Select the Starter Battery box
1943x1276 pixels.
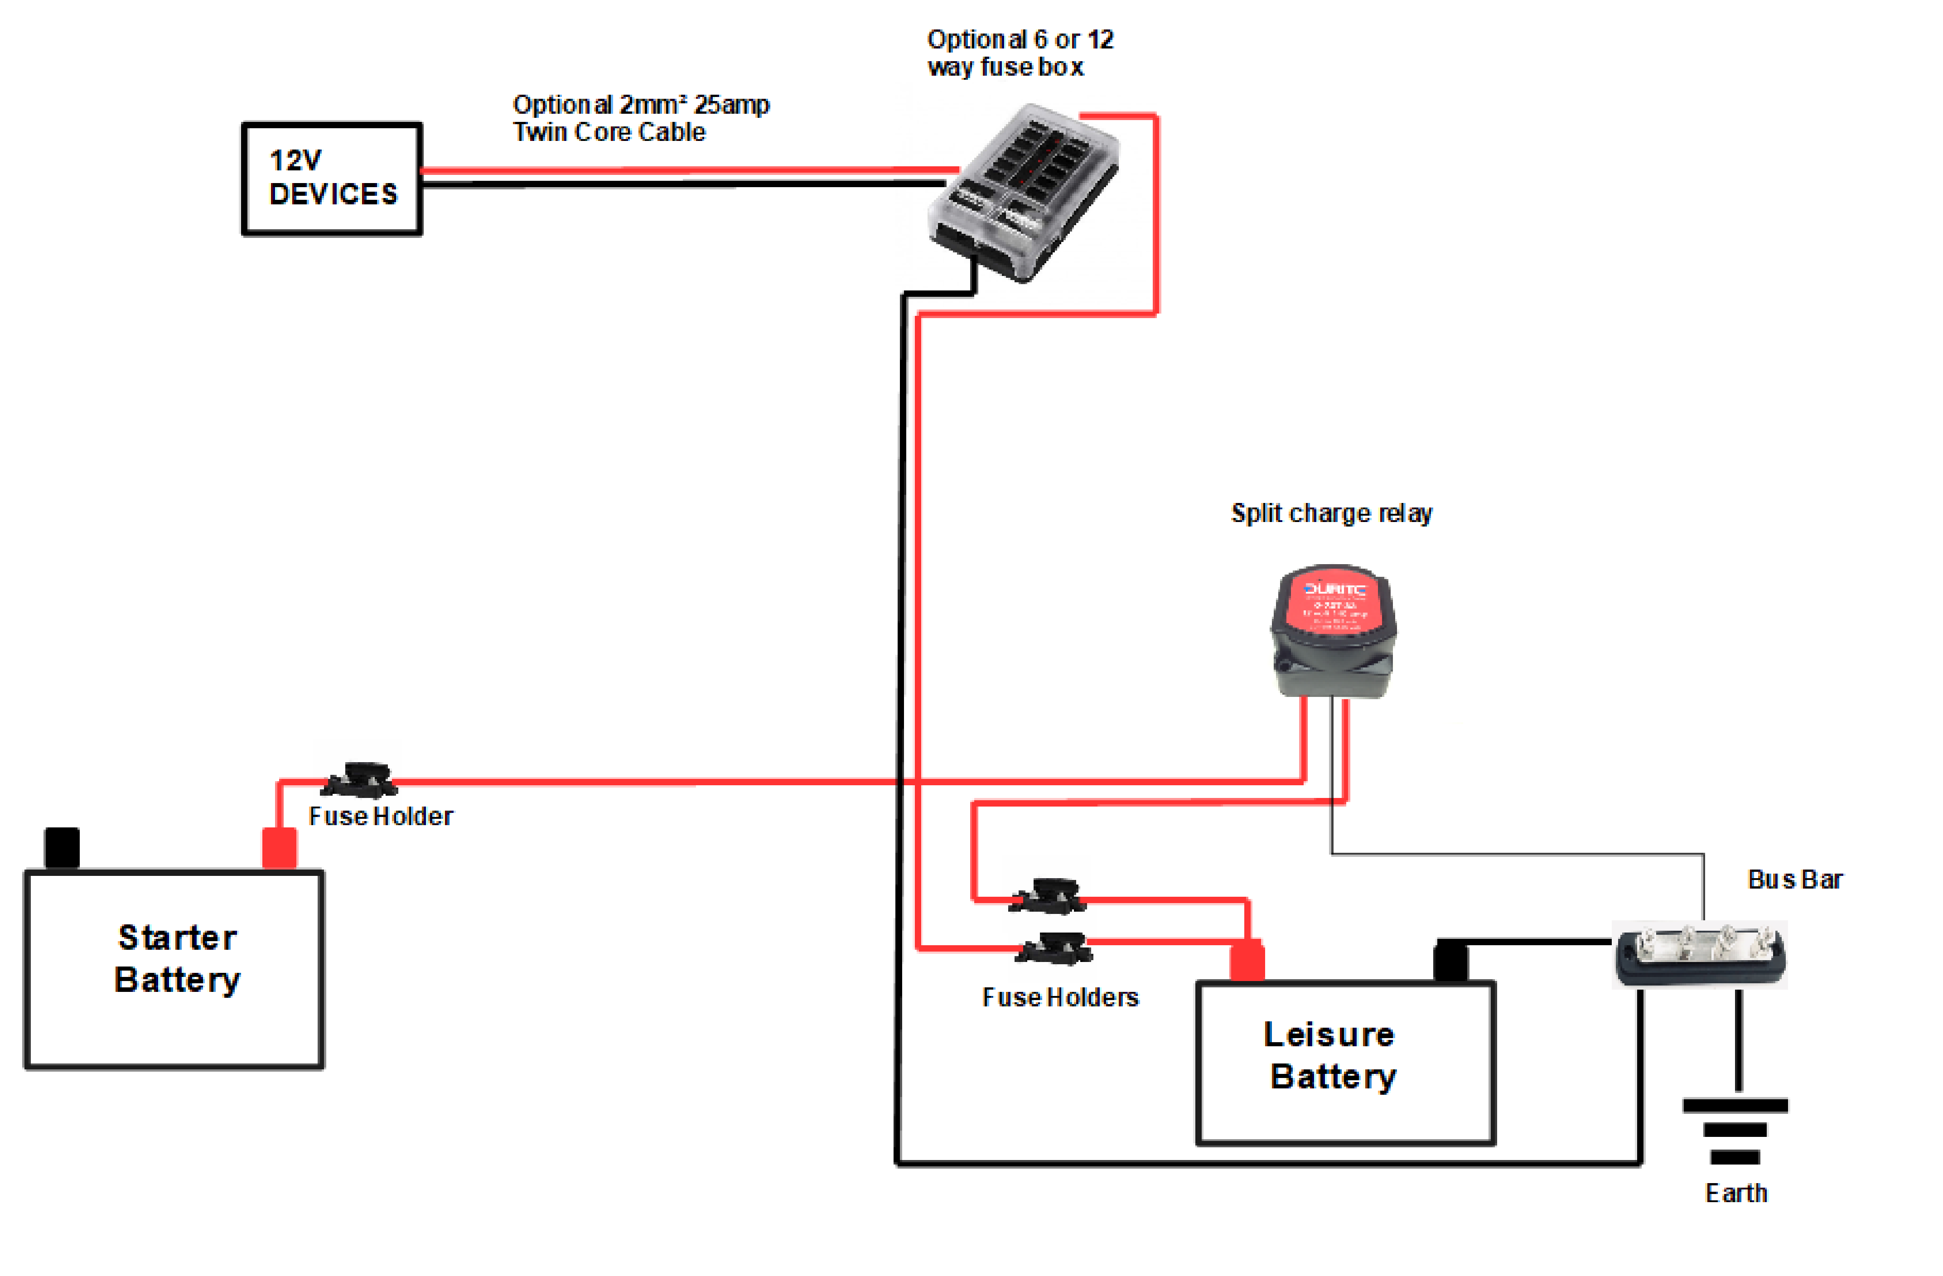point(175,969)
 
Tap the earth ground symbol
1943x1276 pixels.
point(1735,1130)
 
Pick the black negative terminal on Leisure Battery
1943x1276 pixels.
point(1451,960)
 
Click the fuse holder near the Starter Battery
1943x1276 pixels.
point(359,780)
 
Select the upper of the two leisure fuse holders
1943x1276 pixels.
point(1048,895)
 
